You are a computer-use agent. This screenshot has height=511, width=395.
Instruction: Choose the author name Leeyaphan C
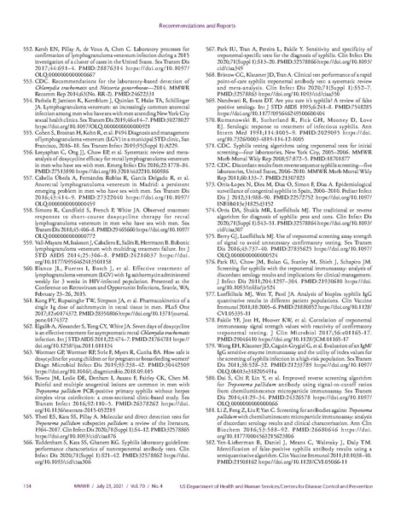point(61,126)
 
